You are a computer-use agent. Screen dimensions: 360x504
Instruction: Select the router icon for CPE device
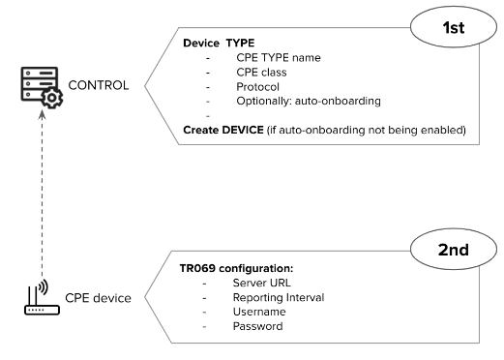tap(40, 298)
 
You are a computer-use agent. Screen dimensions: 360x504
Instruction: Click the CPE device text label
tap(98, 298)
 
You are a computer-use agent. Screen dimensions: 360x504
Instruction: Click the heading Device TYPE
tap(219, 44)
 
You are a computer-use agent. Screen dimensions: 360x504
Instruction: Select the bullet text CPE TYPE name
tap(278, 58)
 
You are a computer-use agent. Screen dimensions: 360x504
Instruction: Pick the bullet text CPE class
tap(261, 73)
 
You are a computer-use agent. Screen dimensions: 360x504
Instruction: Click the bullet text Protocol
tap(257, 87)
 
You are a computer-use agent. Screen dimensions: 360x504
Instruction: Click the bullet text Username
tap(260, 312)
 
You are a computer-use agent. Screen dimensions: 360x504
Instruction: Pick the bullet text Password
tap(258, 326)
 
